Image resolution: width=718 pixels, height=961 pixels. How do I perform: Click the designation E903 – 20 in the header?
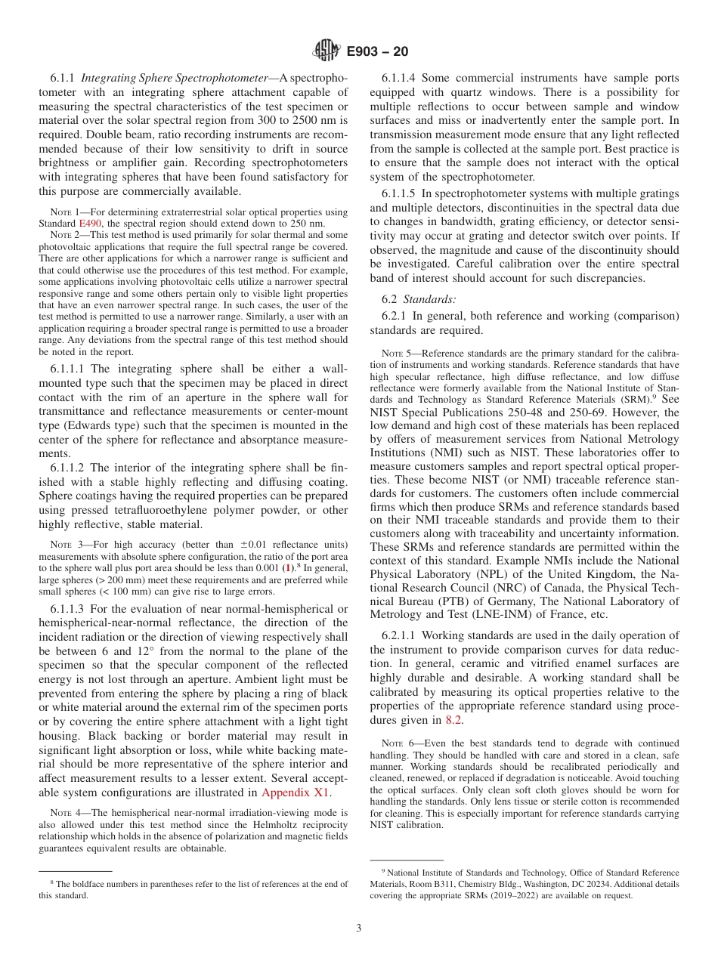pos(377,51)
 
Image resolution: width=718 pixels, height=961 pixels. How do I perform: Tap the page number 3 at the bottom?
pos(359,929)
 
